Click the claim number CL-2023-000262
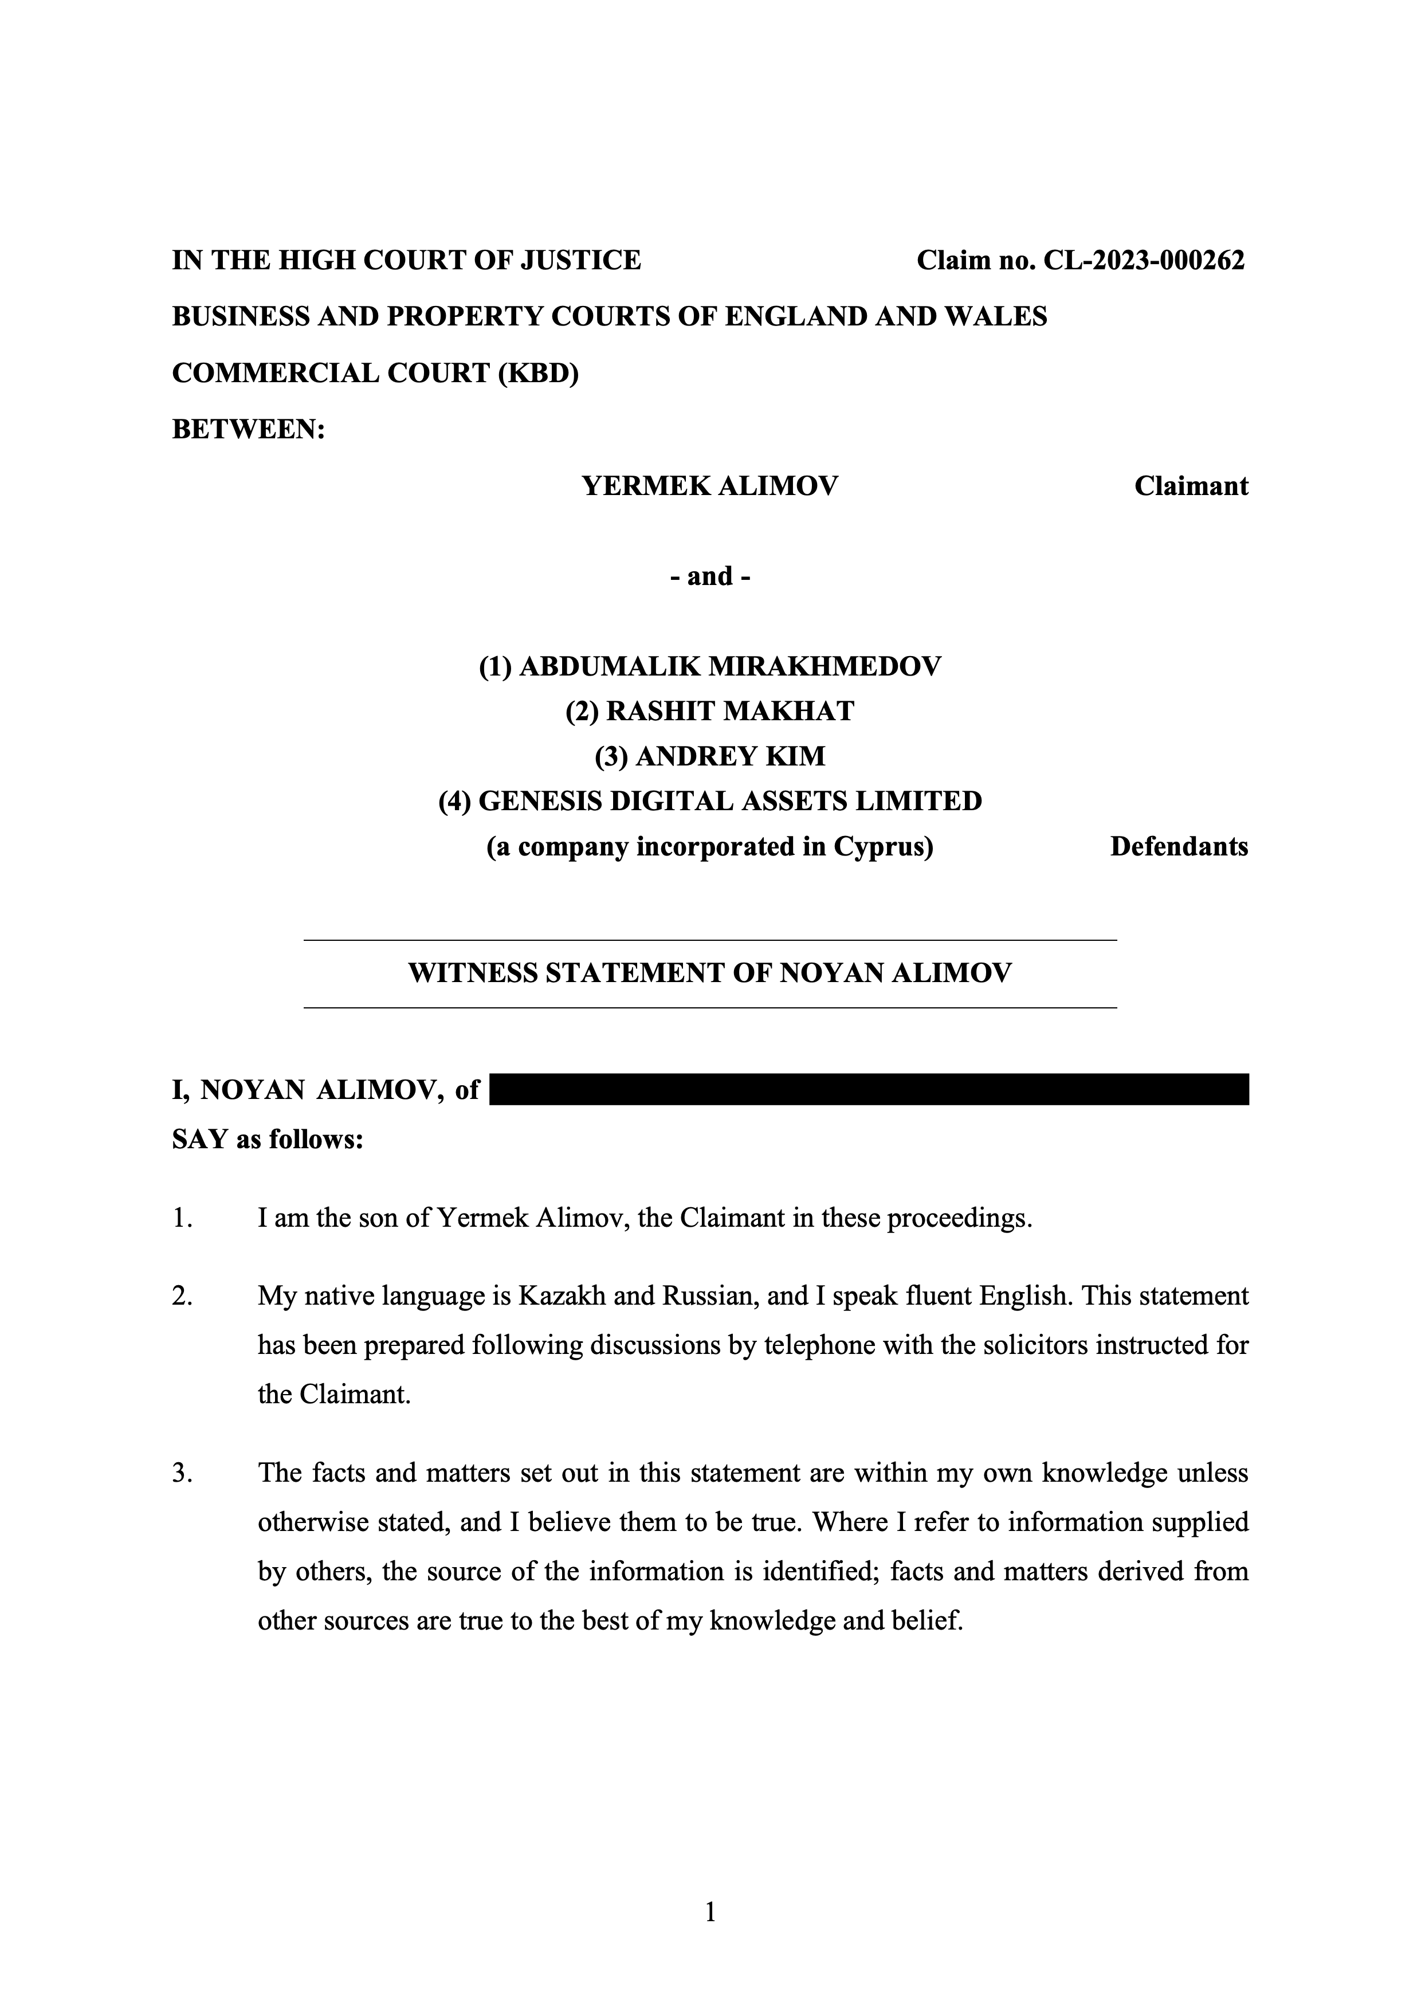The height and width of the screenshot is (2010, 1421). click(x=1143, y=260)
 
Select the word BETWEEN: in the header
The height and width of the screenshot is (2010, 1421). click(x=249, y=430)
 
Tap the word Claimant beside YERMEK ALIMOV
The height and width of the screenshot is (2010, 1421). click(x=1191, y=486)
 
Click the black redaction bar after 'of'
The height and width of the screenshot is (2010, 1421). click(x=869, y=1089)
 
